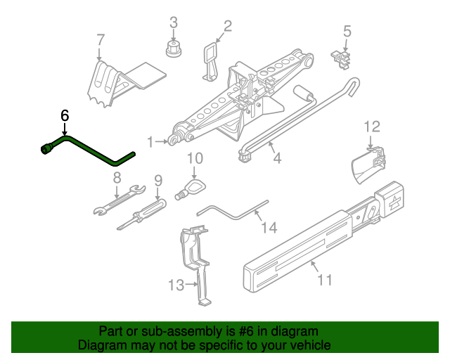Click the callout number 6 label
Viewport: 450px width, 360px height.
click(x=65, y=115)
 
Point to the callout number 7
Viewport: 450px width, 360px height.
click(x=100, y=39)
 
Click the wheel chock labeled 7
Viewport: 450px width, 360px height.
click(x=116, y=81)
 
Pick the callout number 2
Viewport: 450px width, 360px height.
click(x=226, y=27)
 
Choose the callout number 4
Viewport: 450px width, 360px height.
click(x=277, y=159)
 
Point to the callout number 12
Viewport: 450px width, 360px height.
click(x=371, y=127)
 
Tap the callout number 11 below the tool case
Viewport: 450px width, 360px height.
click(x=324, y=280)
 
